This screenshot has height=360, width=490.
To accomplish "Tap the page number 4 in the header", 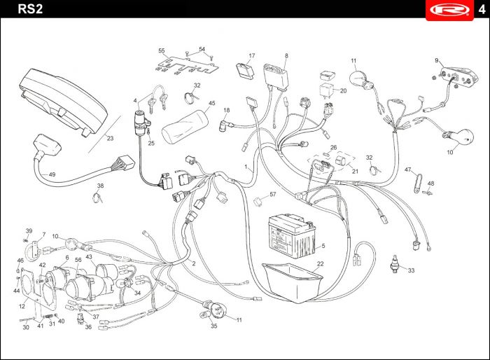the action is [x=481, y=10].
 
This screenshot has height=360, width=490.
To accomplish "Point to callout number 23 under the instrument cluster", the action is [x=110, y=139].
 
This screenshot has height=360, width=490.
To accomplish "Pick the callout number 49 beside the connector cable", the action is [x=52, y=174].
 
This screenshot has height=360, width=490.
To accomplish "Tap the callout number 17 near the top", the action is [x=252, y=55].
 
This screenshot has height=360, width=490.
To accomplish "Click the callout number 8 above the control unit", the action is [x=286, y=55].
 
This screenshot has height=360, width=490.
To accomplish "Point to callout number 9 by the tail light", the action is [x=437, y=60].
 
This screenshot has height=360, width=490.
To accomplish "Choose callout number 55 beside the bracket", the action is [x=161, y=51].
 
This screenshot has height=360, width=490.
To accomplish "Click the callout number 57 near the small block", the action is [x=273, y=194].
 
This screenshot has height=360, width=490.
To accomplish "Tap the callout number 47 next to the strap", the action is [x=407, y=170].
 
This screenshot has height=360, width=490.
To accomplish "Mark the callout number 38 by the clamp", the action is [x=100, y=186].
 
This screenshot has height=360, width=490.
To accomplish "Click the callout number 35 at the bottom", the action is [x=213, y=326].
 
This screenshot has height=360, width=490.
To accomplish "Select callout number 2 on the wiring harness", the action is [x=193, y=263].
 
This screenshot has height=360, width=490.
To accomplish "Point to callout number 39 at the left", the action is [x=29, y=231].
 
